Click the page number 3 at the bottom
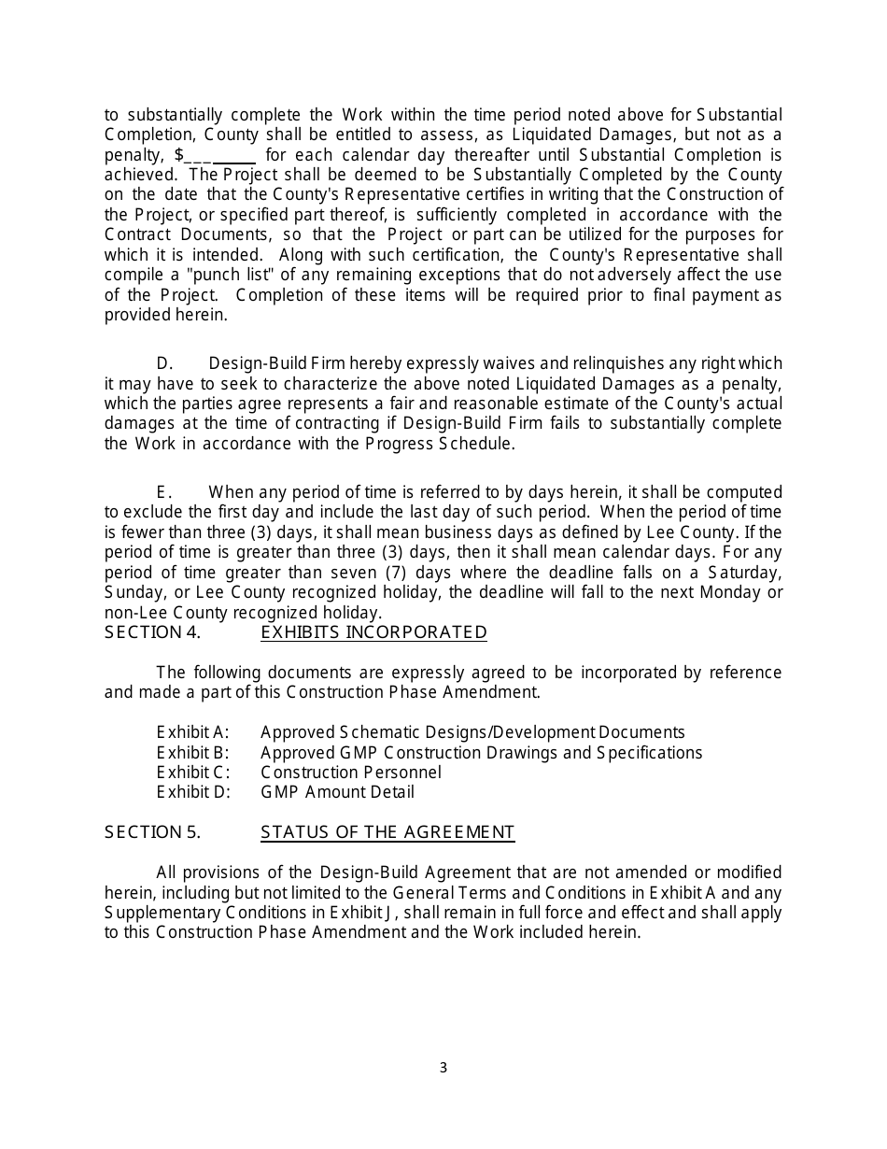click(443, 1068)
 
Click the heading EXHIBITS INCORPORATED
click(373, 632)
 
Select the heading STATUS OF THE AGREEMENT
click(387, 831)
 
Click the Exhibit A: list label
click(192, 732)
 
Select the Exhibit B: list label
click(192, 752)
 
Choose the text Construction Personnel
click(350, 773)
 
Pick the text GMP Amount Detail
click(337, 792)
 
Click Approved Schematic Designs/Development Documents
click(472, 732)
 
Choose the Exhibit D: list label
click(192, 792)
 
